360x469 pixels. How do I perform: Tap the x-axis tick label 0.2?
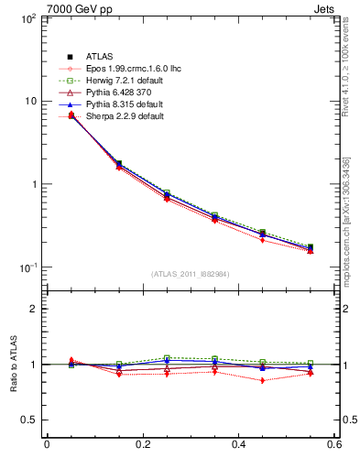point(142,446)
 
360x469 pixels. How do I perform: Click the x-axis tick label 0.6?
point(333,446)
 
